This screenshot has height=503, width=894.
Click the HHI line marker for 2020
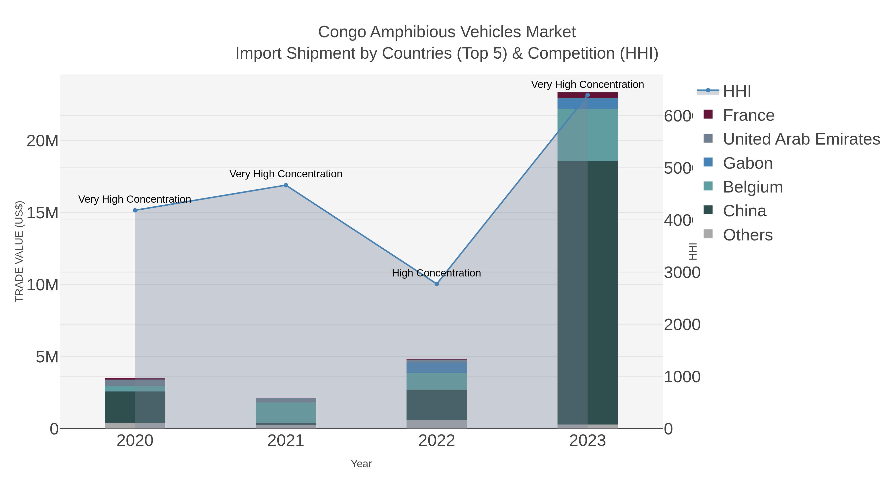135,210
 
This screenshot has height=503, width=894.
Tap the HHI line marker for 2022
437,284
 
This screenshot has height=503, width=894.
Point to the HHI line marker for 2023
587,95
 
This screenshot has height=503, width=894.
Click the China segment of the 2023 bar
587,292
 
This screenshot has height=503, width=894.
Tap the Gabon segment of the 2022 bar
437,368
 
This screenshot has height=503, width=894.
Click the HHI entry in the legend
737,91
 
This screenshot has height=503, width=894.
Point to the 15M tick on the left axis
42,213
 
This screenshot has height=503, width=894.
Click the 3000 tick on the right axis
682,272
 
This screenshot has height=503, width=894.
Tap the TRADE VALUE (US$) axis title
19,251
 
